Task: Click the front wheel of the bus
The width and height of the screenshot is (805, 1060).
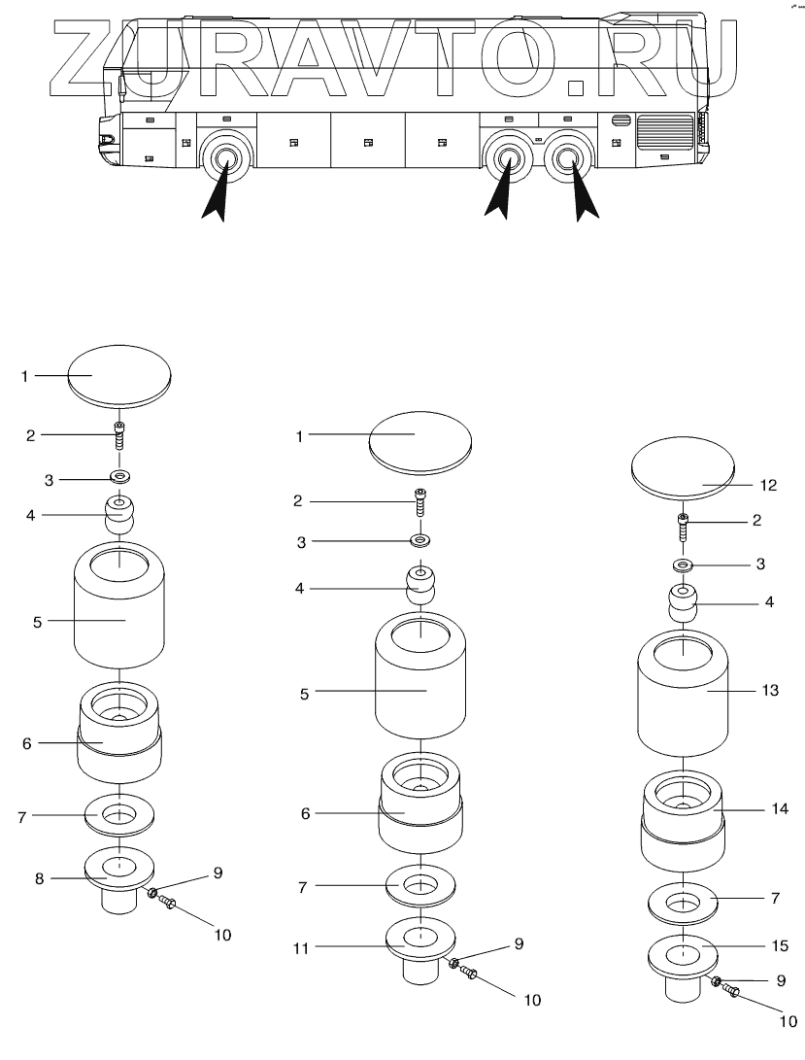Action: pos(225,157)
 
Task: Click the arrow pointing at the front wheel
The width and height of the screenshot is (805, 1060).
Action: pos(219,194)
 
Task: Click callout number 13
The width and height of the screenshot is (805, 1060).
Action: pos(770,691)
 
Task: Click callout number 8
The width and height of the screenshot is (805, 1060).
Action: pos(40,877)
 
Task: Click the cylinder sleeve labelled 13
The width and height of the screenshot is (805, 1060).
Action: pos(684,704)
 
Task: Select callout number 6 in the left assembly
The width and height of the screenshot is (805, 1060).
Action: pos(26,743)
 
